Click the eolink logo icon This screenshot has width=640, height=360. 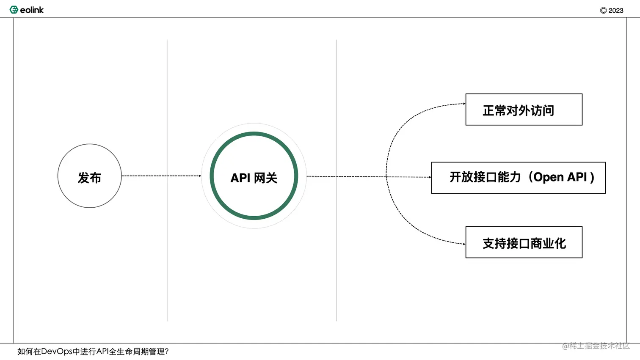pos(14,10)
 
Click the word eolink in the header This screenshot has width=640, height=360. pos(32,10)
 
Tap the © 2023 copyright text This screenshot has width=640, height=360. pos(612,11)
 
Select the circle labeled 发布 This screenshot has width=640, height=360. pos(89,176)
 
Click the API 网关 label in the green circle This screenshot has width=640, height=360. pos(254,178)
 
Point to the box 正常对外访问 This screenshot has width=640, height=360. pos(524,110)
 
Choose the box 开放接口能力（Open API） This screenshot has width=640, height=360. pos(518,178)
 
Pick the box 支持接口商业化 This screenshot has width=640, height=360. pos(524,242)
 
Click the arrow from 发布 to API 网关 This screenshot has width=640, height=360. pos(161,176)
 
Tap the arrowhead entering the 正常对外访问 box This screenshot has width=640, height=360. pos(464,104)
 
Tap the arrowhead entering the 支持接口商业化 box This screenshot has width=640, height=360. pos(464,244)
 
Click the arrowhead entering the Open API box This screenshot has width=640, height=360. pos(430,177)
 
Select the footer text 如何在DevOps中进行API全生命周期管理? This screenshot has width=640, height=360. pos(93,352)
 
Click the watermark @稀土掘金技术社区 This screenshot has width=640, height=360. pos(596,346)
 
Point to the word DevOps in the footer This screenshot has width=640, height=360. pos(57,352)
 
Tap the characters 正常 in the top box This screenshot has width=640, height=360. pos(494,110)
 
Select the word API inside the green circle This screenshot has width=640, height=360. pos(240,178)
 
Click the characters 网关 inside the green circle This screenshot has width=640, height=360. pos(266,178)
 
